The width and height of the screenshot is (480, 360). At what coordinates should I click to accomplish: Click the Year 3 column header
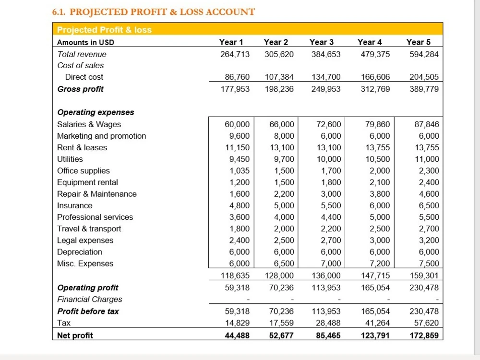tap(322, 42)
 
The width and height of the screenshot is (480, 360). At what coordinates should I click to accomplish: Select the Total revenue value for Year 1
tap(235, 54)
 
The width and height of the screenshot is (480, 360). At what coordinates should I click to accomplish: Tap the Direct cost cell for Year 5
tap(424, 77)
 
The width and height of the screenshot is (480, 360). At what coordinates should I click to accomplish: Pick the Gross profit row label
tap(81, 89)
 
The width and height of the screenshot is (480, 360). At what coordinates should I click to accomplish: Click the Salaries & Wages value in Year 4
tap(377, 124)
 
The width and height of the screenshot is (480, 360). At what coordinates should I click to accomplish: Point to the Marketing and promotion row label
tap(102, 136)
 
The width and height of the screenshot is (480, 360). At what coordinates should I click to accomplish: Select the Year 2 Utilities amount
tap(284, 159)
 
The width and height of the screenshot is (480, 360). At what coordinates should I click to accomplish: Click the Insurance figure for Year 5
tap(429, 205)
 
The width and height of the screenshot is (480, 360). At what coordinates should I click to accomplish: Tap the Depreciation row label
tap(80, 252)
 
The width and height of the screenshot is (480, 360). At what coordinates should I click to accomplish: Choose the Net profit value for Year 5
tap(424, 336)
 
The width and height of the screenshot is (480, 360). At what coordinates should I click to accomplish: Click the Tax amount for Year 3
tap(328, 323)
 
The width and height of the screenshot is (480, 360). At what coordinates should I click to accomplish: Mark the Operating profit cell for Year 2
tap(281, 288)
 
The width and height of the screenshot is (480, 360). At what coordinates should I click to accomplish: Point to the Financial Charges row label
tap(90, 300)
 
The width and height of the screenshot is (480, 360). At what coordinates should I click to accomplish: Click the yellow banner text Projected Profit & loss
tap(104, 30)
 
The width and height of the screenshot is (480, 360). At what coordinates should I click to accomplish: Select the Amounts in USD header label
tap(86, 42)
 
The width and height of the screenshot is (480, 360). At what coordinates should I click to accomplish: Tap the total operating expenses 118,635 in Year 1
tap(235, 276)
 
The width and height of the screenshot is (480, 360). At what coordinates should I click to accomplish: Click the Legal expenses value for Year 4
tap(380, 240)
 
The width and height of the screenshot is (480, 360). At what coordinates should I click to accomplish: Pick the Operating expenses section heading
tap(96, 112)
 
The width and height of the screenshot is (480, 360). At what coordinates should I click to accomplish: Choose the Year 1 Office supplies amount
tap(240, 171)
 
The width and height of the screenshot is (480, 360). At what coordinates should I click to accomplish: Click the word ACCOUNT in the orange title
tap(230, 12)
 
